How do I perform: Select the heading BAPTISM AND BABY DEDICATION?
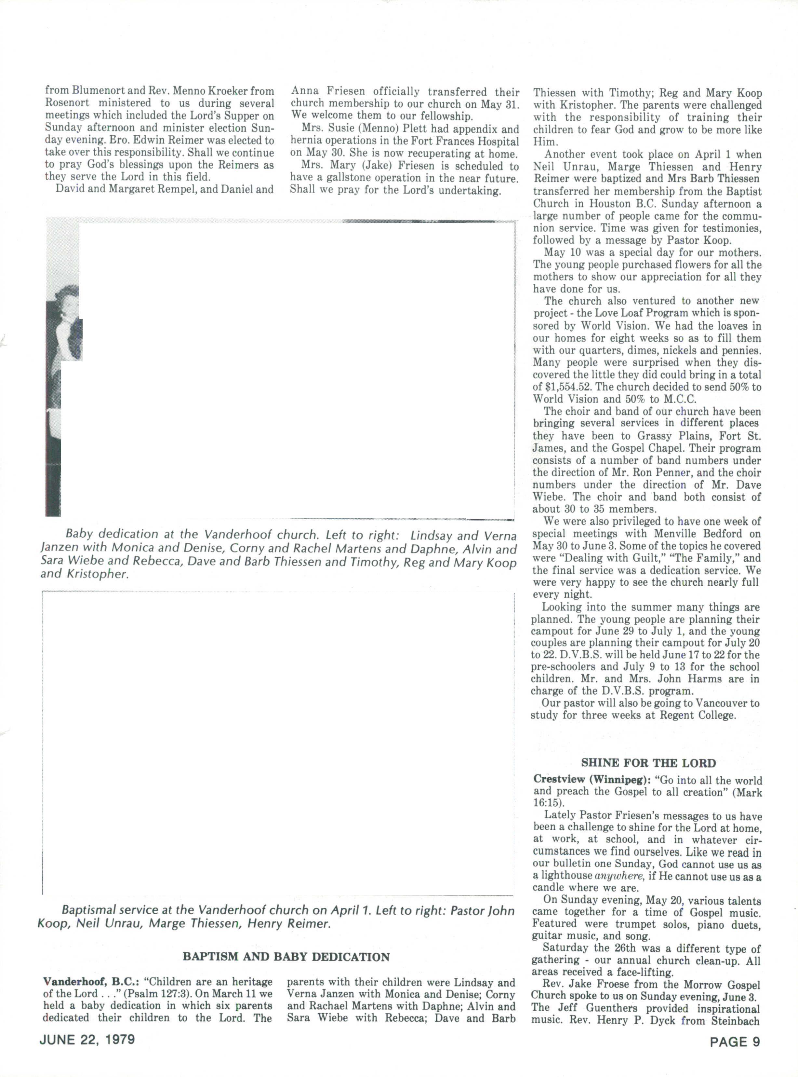(x=286, y=957)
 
